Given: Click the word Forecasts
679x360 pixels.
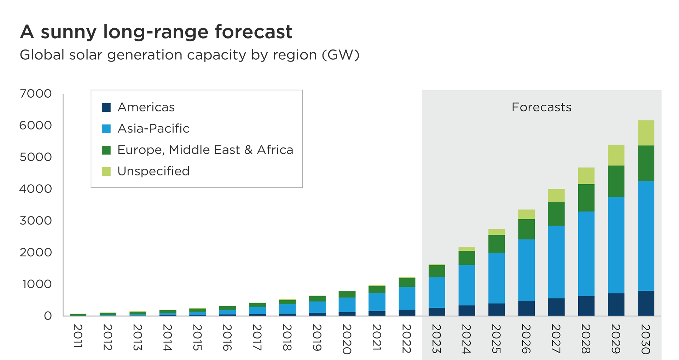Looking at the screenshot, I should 541,107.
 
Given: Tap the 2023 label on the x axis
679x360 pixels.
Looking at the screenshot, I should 436,338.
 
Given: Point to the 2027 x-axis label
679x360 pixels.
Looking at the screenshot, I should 556,338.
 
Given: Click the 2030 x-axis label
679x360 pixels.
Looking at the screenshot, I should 646,338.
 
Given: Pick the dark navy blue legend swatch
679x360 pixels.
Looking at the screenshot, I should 106,107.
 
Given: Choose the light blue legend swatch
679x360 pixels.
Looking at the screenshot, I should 106,129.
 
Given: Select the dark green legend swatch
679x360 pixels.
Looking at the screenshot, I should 106,150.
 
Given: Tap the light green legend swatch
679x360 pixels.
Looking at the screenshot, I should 106,171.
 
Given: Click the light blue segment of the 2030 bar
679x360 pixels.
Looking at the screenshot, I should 646,236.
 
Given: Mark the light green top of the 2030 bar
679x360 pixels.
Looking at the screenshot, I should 646,133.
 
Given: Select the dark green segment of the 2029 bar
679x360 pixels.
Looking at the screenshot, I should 616,181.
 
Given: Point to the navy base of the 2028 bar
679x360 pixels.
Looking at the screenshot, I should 586,306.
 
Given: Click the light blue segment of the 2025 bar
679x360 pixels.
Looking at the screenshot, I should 497,278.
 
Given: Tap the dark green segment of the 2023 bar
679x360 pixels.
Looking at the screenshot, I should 437,271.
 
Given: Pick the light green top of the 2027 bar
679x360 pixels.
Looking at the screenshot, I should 556,195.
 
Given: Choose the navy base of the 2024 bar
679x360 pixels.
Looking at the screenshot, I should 466,310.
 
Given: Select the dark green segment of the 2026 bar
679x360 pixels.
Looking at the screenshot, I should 526,229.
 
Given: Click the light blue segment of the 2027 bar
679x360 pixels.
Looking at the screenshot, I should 556,262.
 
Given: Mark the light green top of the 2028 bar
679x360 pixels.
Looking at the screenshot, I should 586,175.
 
